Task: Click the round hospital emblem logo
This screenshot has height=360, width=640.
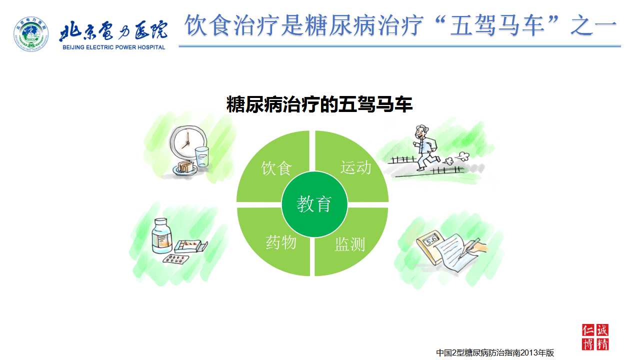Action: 31,34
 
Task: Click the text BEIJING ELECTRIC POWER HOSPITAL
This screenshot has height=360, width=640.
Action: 113,47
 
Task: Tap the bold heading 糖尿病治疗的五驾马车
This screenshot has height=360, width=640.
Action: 319,104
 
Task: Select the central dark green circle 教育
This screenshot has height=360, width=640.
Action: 314,204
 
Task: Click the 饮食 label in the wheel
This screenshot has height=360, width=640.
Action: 276,168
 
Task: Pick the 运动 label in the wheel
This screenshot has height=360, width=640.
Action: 355,167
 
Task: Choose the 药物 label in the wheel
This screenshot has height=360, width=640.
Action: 280,242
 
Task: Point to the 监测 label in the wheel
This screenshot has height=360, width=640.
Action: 349,244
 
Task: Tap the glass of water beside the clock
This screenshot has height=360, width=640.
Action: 202,156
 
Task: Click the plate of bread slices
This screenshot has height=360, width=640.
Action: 185,168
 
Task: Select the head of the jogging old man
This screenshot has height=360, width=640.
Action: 421,132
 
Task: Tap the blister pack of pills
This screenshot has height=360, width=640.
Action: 176,259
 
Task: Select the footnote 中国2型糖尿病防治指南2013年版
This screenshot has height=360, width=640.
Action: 495,353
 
